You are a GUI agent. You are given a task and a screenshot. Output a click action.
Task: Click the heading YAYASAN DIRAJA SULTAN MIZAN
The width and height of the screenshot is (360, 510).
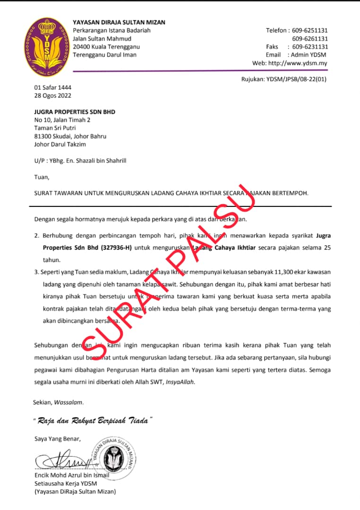coord(119,23)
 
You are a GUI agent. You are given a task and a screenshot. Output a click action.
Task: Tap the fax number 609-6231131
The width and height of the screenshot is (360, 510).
coord(310,47)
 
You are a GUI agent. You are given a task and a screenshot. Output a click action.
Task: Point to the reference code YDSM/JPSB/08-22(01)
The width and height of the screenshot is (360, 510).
coord(297,79)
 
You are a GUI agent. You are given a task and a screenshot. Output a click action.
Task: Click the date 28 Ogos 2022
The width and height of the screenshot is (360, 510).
coord(53,95)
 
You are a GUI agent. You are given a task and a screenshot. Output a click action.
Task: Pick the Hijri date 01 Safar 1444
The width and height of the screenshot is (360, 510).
coord(53,88)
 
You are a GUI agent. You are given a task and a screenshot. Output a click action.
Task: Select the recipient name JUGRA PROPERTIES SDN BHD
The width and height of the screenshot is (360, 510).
coord(75,112)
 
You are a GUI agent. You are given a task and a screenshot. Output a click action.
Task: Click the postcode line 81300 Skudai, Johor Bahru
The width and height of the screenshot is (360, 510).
coord(70,136)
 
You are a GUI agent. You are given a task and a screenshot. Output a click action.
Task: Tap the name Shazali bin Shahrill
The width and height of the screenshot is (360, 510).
coord(101,161)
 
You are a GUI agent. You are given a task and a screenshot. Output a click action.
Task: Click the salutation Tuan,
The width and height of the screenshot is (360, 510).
coord(42,177)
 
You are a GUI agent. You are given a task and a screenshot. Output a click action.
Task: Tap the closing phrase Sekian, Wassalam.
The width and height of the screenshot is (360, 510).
coord(59,402)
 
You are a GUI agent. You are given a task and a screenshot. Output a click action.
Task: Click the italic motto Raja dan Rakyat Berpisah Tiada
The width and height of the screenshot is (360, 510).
coord(93,420)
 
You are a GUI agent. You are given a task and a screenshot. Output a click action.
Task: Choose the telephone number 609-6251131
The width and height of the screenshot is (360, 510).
coord(310,30)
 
